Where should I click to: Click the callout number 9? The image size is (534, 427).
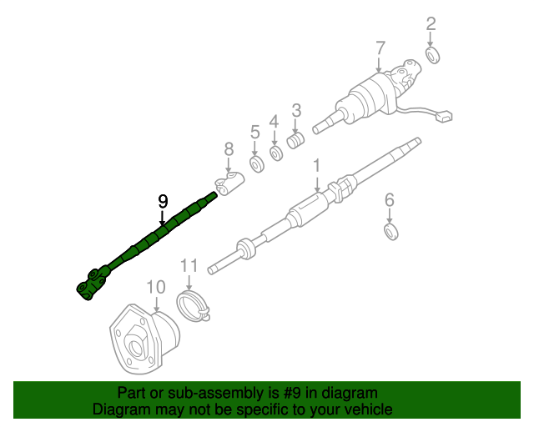pyautogui.click(x=163, y=201)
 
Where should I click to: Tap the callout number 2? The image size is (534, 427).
pyautogui.click(x=431, y=23)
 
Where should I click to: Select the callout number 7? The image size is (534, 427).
pyautogui.click(x=380, y=47)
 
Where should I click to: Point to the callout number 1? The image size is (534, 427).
pyautogui.click(x=317, y=167)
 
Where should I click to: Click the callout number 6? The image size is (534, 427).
pyautogui.click(x=389, y=199)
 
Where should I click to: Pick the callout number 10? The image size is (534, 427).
pyautogui.click(x=156, y=288)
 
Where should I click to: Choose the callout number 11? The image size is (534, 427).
pyautogui.click(x=189, y=266)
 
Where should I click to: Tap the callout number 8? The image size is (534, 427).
pyautogui.click(x=229, y=150)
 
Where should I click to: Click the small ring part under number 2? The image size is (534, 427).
pyautogui.click(x=433, y=56)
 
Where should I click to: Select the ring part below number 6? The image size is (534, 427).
pyautogui.click(x=390, y=229)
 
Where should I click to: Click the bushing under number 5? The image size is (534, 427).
pyautogui.click(x=257, y=163)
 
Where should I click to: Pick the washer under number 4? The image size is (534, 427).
pyautogui.click(x=276, y=153)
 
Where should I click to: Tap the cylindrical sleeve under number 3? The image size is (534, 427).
pyautogui.click(x=295, y=141)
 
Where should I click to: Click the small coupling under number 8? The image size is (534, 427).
pyautogui.click(x=227, y=183)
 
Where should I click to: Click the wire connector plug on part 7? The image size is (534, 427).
pyautogui.click(x=445, y=117)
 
